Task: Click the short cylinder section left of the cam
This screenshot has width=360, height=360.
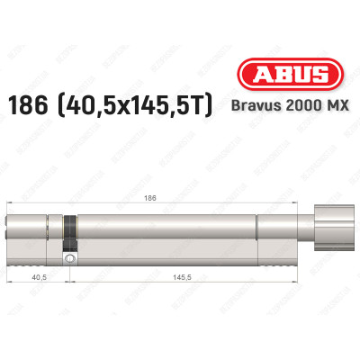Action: (36, 236)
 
